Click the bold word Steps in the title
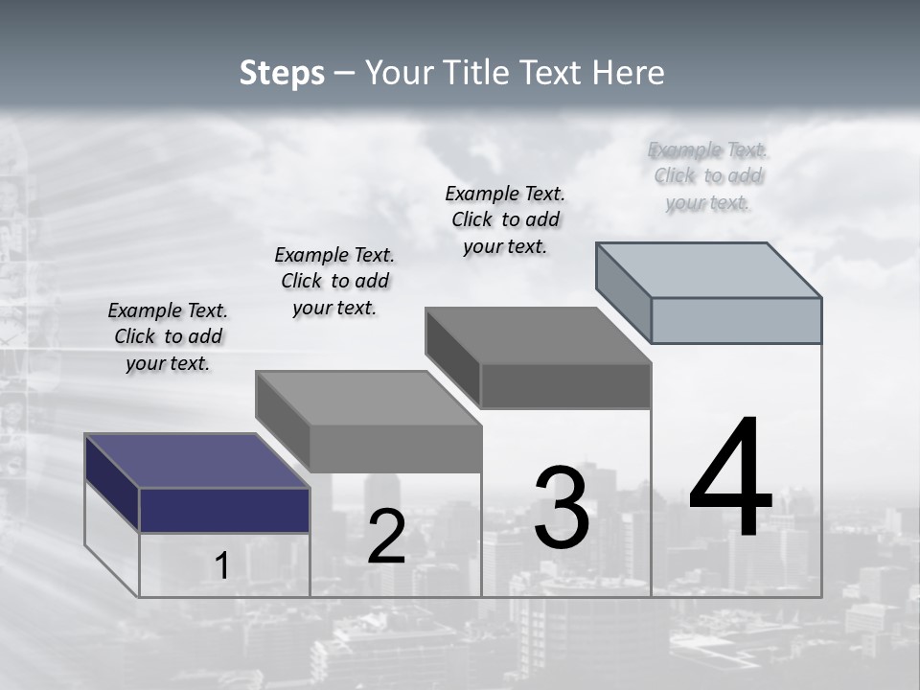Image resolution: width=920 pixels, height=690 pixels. tap(282, 73)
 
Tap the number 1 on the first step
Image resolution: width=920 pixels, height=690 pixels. tap(221, 565)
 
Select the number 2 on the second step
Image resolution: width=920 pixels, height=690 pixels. tap(386, 537)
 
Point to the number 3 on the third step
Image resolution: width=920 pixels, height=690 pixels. tap(562, 508)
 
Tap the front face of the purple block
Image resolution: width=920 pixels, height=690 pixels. tap(224, 510)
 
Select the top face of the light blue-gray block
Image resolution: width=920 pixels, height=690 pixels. tap(708, 269)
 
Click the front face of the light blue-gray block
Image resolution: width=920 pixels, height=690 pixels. tap(736, 320)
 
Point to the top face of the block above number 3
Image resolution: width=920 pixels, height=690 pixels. tap(538, 335)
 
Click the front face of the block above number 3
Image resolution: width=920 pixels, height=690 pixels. tap(565, 385)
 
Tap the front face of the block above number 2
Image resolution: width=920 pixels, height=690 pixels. tap(395, 448)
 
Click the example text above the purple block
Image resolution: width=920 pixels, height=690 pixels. tap(168, 336)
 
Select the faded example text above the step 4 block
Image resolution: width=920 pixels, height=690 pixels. tap(708, 175)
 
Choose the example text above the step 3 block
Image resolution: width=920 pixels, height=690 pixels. tap(505, 219)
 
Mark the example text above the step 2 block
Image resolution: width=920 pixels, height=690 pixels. tap(334, 281)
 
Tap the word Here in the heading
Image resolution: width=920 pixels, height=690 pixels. tap(632, 73)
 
